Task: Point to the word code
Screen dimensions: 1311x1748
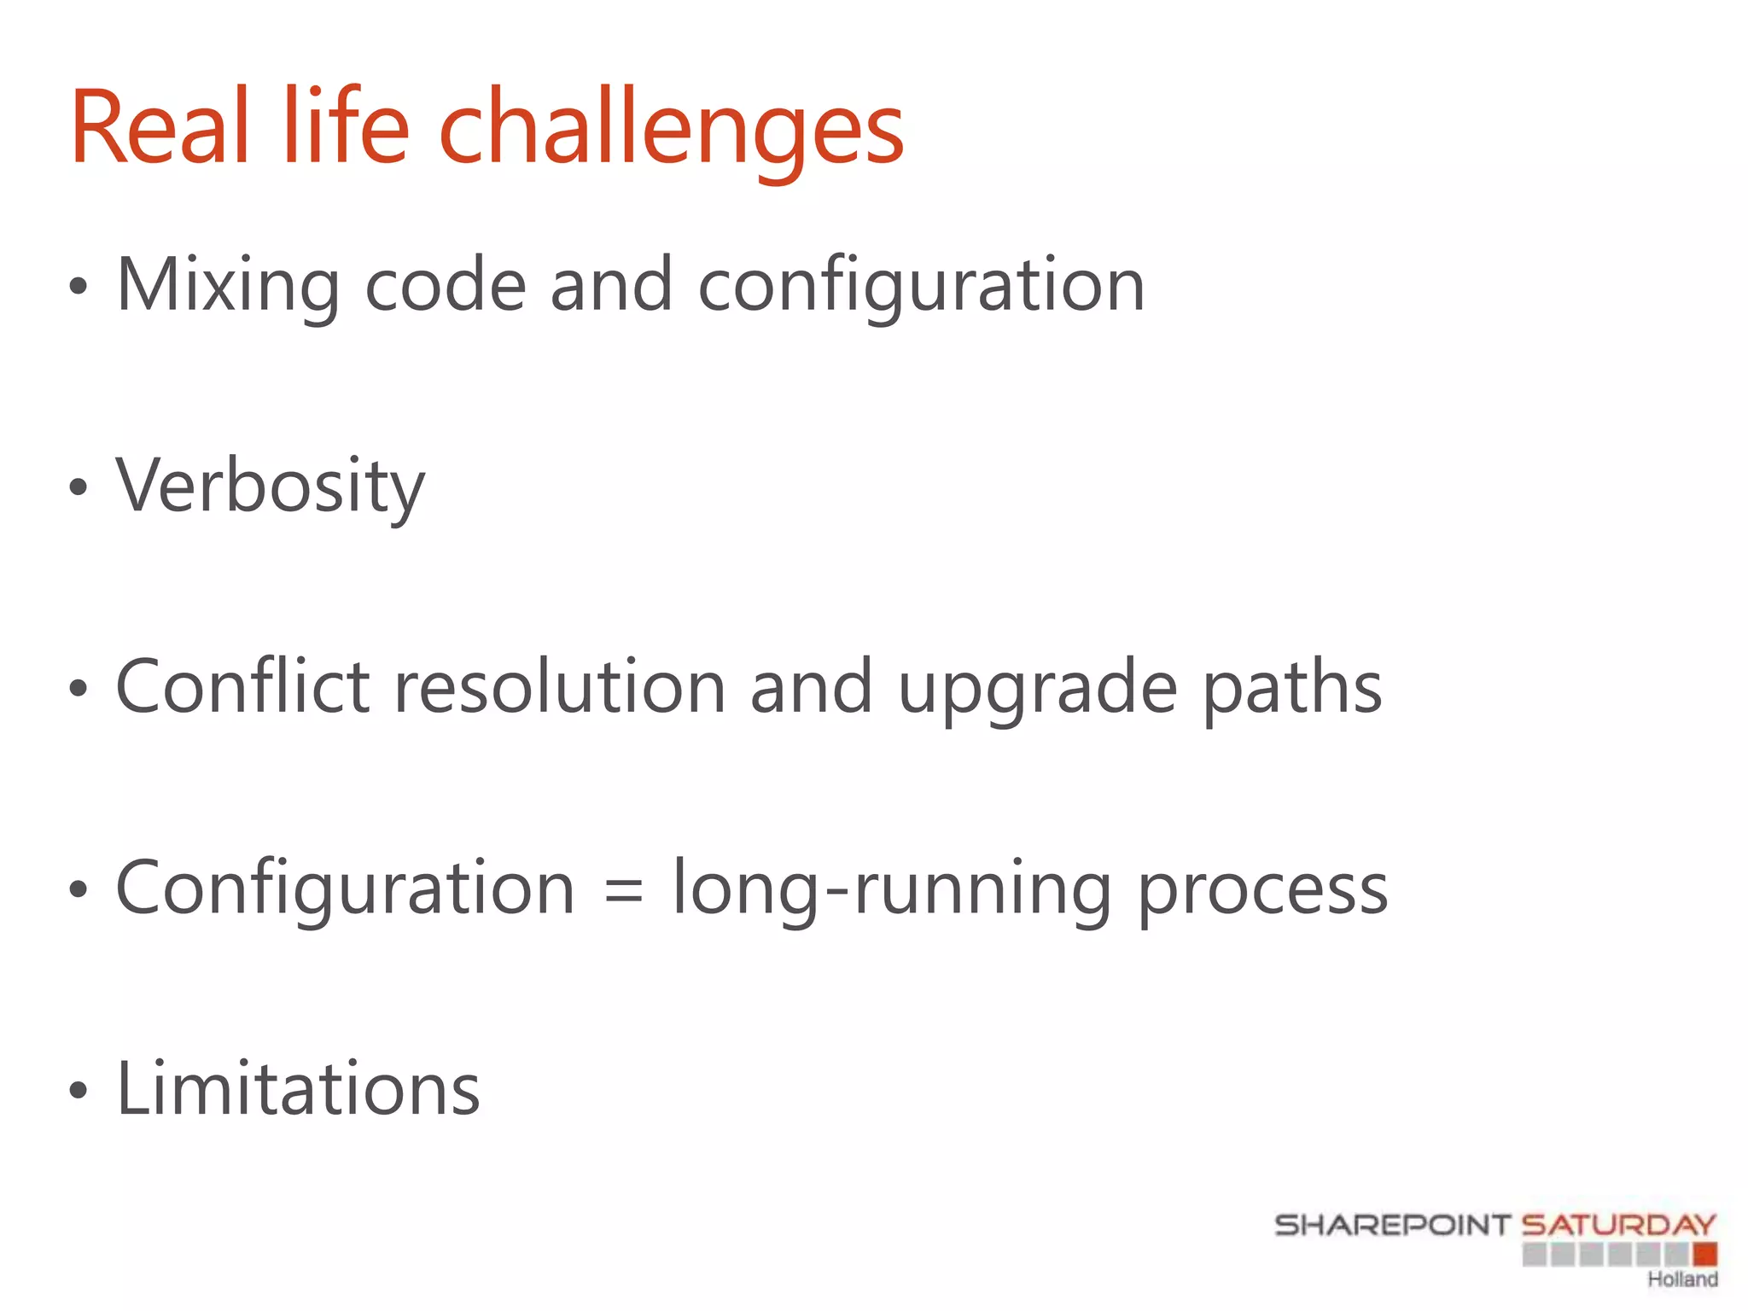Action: [445, 285]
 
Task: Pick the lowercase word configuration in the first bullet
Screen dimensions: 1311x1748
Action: [922, 287]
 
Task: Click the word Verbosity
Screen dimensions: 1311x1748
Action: [270, 487]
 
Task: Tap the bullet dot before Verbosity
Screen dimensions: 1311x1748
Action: [79, 487]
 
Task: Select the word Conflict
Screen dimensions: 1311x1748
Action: [242, 686]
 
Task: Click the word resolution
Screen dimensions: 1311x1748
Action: [559, 688]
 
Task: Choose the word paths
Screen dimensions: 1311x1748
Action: [1292, 688]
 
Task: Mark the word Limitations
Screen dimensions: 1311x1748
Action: [298, 1089]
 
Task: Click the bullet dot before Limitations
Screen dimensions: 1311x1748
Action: [79, 1090]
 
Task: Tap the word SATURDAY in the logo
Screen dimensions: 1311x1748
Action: [1618, 1226]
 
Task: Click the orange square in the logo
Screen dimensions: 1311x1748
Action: [1704, 1254]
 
